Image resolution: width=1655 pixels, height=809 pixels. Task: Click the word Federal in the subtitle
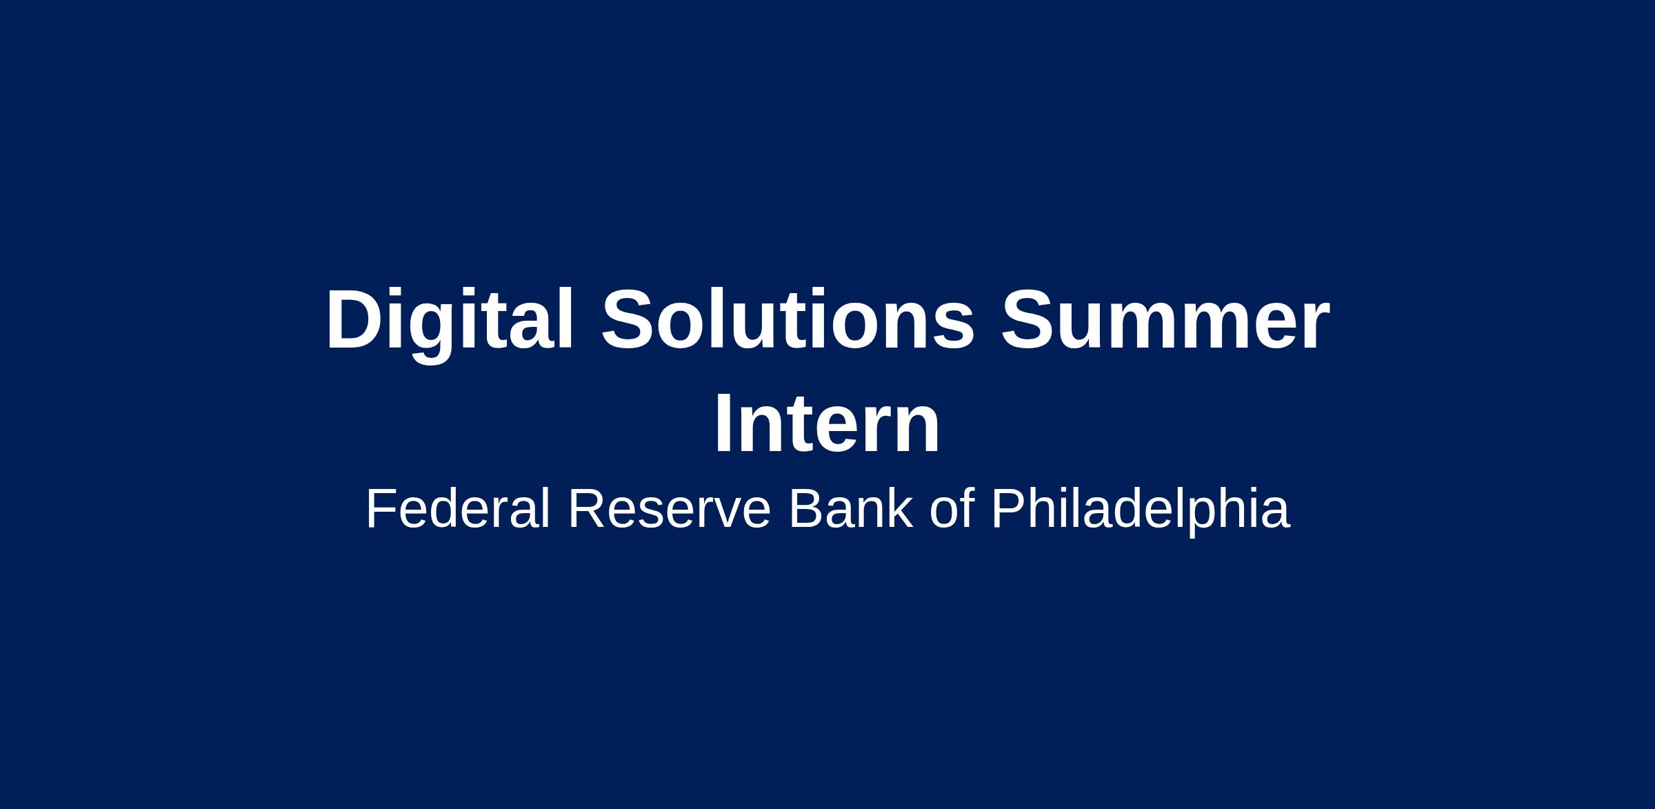coord(458,508)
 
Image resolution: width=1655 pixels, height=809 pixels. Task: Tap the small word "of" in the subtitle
coord(952,508)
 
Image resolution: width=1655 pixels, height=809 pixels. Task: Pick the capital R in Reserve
coord(587,509)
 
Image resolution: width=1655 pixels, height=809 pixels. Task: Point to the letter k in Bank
coord(900,508)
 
